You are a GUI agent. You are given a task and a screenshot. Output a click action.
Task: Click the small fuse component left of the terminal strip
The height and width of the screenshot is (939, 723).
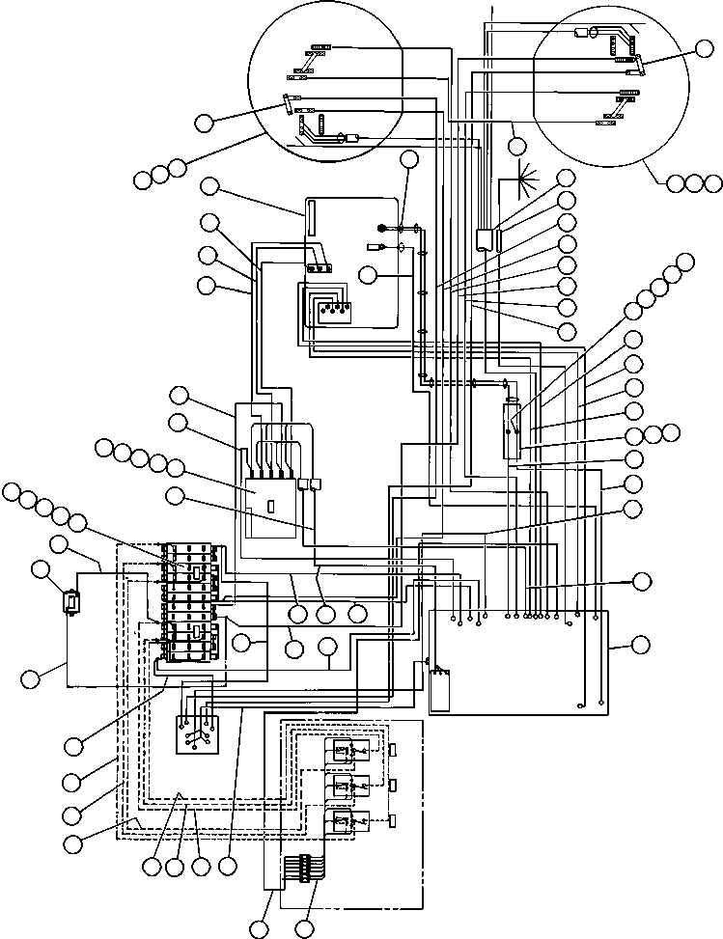(70, 603)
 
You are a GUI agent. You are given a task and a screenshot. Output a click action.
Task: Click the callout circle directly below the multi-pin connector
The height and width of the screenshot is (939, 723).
(305, 929)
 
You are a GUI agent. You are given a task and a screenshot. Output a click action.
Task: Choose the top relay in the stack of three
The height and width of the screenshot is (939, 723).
(341, 751)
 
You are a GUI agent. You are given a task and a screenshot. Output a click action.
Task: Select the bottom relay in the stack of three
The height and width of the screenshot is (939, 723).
(341, 822)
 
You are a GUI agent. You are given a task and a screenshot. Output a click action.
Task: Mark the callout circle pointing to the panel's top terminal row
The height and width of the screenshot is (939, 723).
(642, 581)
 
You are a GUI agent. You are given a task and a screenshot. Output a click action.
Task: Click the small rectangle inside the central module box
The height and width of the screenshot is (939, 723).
(272, 506)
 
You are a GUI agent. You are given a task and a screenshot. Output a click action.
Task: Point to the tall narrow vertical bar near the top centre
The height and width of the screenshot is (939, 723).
(312, 217)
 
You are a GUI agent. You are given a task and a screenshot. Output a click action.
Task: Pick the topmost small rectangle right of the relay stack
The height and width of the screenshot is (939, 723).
(394, 751)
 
